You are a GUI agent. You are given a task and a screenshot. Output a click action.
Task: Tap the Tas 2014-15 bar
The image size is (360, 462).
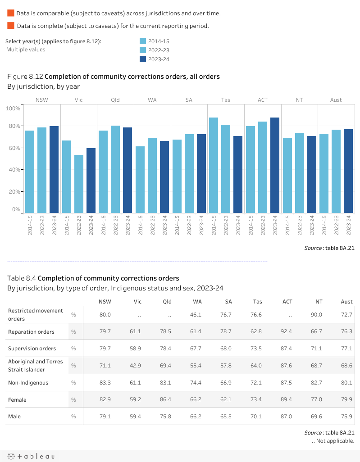tap(214, 165)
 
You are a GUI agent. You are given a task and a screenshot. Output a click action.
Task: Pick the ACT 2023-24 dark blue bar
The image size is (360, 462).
tap(275, 165)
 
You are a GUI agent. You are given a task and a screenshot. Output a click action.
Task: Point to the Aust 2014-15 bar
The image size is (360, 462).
tap(324, 173)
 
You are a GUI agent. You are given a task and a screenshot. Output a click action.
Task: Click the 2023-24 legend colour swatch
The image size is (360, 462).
tap(143, 59)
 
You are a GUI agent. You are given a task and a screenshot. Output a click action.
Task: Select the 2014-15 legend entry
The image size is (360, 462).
tap(159, 41)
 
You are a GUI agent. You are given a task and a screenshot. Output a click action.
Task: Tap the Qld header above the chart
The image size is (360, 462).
tap(115, 100)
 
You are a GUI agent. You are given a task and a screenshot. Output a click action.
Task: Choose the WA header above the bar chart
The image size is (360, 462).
tap(152, 100)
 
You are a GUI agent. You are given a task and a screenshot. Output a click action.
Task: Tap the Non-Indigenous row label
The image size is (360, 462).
tap(28, 383)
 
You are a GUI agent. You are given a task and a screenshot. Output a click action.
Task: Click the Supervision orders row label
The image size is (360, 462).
tap(32, 349)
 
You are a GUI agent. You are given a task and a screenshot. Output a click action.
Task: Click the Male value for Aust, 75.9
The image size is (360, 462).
tap(347, 417)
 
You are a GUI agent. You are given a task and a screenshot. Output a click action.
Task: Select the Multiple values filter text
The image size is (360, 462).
tap(26, 50)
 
